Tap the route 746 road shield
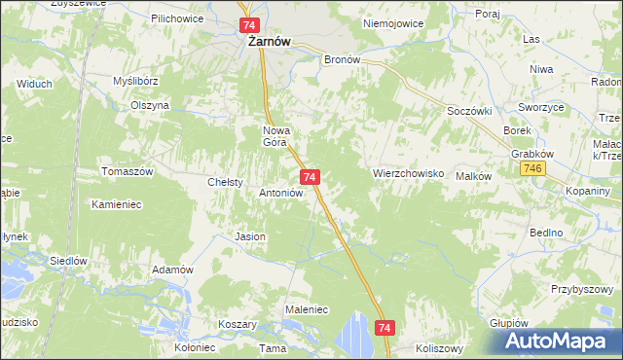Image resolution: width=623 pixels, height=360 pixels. [531, 169]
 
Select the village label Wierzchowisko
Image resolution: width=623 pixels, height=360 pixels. [409, 173]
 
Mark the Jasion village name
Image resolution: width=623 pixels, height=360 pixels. [250, 236]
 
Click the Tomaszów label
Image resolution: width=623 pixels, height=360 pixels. [128, 171]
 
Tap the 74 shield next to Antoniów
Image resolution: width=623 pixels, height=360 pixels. [310, 176]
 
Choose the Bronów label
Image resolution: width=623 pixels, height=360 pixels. [342, 58]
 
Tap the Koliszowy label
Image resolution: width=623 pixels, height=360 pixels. [440, 347]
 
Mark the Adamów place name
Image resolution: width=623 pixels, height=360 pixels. [172, 270]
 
